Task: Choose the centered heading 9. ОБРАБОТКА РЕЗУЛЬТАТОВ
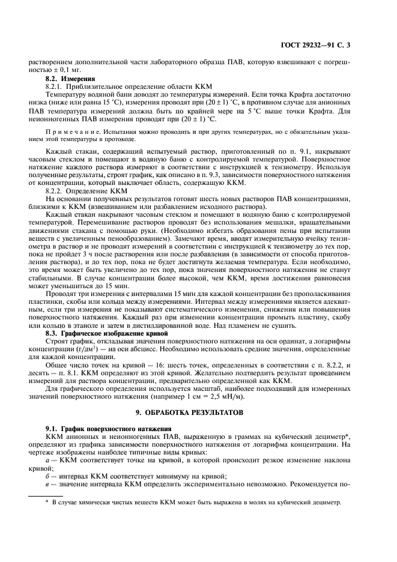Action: [x=199, y=414]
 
